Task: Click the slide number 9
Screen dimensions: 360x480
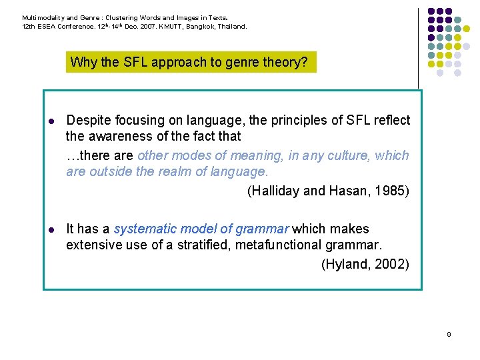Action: (x=449, y=334)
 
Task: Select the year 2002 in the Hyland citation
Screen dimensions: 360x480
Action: (x=391, y=264)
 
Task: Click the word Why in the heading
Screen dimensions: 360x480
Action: (x=83, y=63)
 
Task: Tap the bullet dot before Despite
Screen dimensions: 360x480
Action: (x=51, y=121)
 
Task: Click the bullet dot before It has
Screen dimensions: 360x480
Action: (x=51, y=230)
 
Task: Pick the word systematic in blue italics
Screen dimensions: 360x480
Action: (x=144, y=229)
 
